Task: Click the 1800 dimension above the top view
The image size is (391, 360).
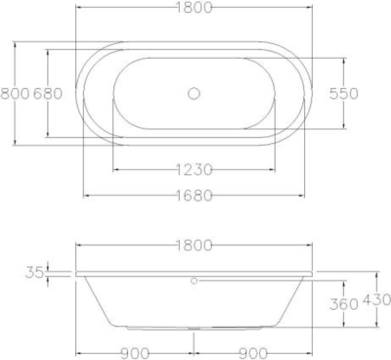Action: (194, 7)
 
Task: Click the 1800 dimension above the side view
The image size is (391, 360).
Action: (194, 245)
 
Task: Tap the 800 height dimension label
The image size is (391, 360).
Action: (15, 94)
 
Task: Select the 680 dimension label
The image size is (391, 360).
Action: (48, 94)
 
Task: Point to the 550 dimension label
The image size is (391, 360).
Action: (343, 94)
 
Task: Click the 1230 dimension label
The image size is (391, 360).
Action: (194, 169)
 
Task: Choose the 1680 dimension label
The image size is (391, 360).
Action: (194, 196)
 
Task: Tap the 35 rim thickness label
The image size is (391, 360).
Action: (34, 273)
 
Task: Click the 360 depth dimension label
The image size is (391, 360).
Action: (344, 304)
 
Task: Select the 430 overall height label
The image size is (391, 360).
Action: (376, 299)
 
